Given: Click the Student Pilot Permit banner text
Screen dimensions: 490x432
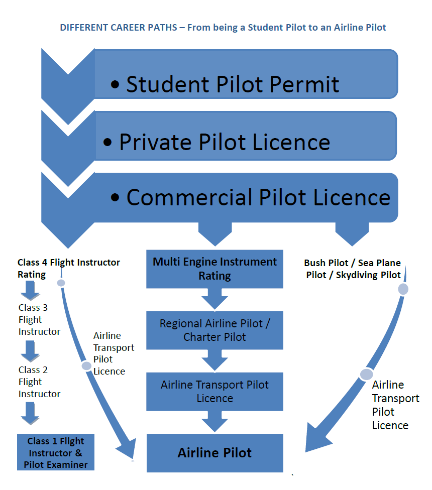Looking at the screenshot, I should point(233,84).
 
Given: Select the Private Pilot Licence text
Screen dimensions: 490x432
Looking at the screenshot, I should point(225,143).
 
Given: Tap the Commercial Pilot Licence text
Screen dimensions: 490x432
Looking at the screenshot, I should point(258,197).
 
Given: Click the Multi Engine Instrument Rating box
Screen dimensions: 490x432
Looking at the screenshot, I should point(214,269).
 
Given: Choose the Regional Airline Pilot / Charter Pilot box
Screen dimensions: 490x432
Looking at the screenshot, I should point(214,330).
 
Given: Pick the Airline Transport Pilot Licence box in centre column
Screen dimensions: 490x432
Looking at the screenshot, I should point(214,391).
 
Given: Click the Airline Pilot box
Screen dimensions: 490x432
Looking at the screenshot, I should point(214,453).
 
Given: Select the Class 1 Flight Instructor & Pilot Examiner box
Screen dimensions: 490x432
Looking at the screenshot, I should point(56,452).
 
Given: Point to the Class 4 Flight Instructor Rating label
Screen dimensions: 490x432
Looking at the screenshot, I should point(68,268).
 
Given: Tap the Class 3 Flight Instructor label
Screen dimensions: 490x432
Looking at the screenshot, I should point(39,320).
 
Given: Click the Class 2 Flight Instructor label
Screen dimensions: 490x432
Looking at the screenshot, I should point(39,382).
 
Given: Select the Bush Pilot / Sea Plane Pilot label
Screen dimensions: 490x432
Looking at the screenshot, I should point(353,269).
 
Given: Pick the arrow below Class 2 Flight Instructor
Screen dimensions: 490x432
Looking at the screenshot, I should point(30,413).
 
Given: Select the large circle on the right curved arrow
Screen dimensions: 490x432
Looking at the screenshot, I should point(366,374).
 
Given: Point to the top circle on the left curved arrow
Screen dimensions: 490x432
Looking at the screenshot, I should point(61,283).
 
